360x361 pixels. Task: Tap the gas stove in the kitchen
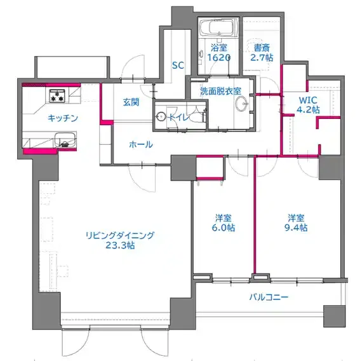[57, 96]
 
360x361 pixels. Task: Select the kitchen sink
[65, 140]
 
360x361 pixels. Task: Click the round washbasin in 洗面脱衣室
[242, 104]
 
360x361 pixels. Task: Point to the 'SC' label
[178, 65]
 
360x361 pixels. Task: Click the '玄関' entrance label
[131, 102]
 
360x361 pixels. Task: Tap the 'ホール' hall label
[141, 144]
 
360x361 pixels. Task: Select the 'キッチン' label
[63, 118]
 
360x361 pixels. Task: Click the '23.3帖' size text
[120, 246]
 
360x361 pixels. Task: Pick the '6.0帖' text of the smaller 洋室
[223, 228]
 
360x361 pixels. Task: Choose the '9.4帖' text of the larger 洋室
[296, 228]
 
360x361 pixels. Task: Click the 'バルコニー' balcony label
[269, 297]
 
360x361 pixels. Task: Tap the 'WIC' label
[308, 100]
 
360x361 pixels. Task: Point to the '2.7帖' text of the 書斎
[262, 57]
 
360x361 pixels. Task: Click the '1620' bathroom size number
[218, 57]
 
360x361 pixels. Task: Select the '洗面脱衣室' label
[220, 92]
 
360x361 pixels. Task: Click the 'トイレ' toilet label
[179, 118]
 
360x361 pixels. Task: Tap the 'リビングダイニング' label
[120, 235]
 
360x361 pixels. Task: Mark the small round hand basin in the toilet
[161, 116]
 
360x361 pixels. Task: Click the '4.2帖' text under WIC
[308, 110]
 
